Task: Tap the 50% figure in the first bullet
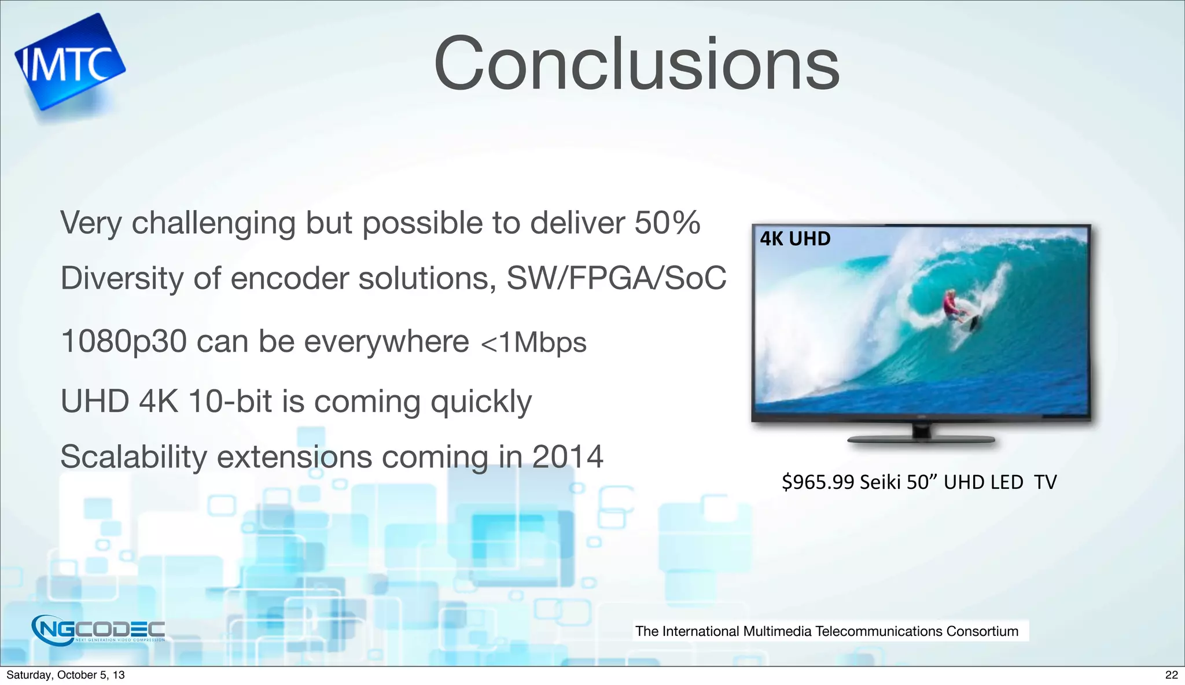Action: [x=667, y=223]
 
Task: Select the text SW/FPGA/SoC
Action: [x=616, y=278]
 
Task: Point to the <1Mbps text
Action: [x=533, y=342]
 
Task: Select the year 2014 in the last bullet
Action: [x=568, y=457]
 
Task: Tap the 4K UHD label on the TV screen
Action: [x=795, y=238]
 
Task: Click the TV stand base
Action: [x=921, y=440]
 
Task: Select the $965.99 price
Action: [x=818, y=482]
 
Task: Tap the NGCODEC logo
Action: [x=98, y=629]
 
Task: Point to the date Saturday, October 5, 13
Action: [x=65, y=675]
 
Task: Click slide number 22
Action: [x=1171, y=675]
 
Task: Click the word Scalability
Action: [x=134, y=457]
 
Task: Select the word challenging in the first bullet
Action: [x=214, y=224]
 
